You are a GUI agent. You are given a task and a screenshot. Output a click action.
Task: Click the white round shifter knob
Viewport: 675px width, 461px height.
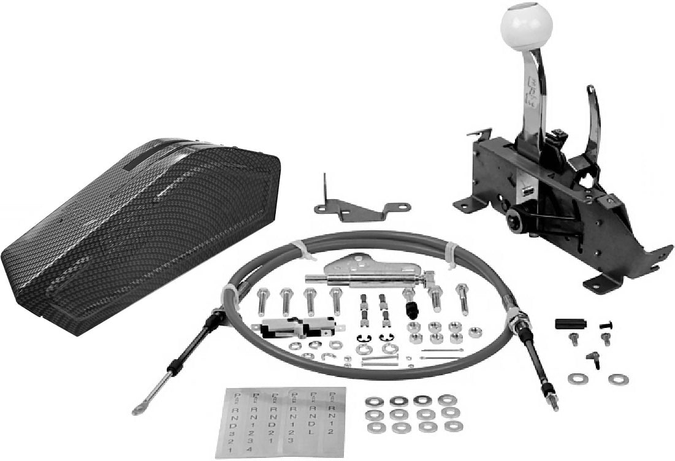[527, 26]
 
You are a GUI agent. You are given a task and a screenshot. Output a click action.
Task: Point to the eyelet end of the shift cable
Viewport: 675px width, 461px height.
[137, 410]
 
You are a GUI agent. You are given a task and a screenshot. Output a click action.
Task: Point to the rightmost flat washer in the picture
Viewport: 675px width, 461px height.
[619, 379]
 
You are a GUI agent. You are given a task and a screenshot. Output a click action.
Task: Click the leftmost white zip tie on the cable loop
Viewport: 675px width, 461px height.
[231, 295]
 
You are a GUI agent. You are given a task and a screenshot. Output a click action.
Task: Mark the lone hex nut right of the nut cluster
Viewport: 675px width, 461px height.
[474, 332]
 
